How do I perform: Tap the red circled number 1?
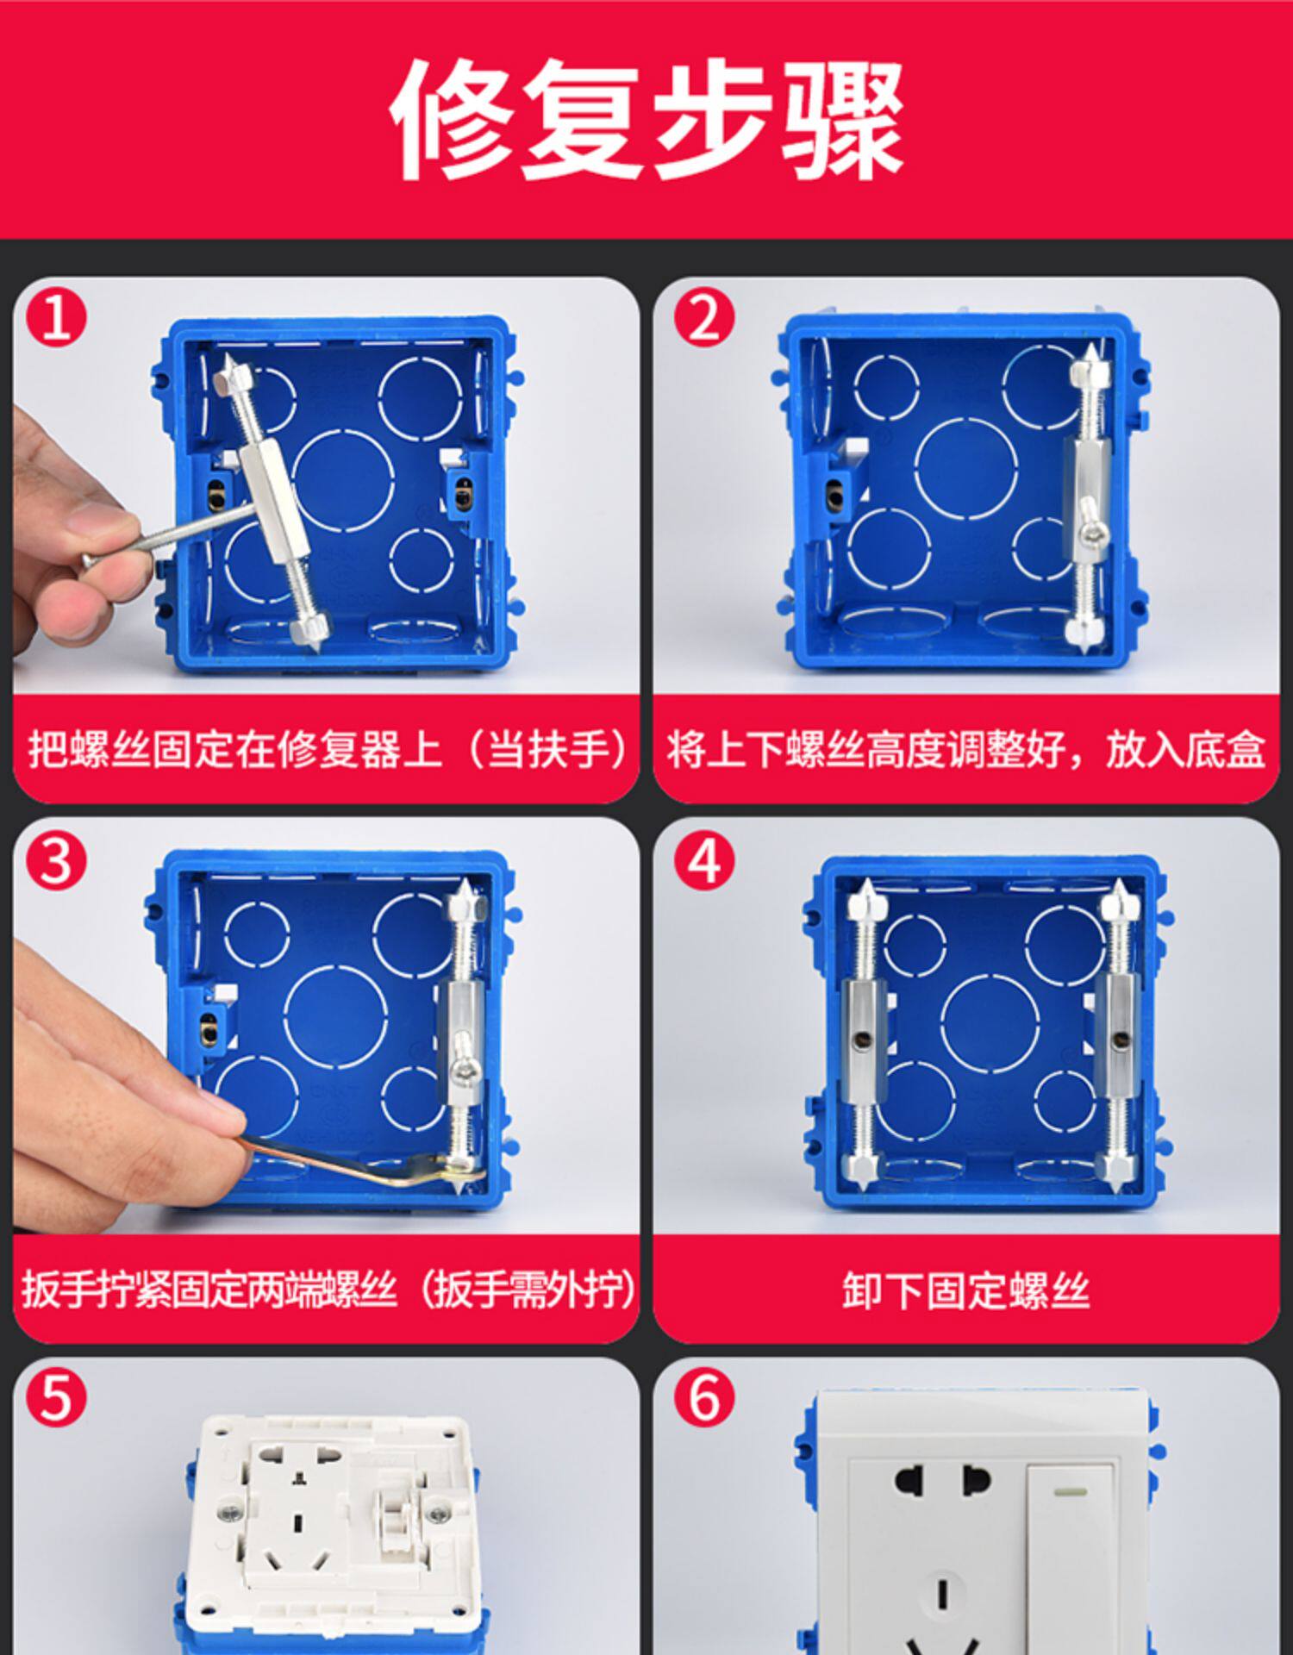click(x=57, y=318)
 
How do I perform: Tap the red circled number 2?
click(x=705, y=318)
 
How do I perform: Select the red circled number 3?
click(x=57, y=861)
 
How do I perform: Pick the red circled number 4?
click(x=705, y=861)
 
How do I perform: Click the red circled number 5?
click(x=57, y=1399)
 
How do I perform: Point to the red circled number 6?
click(x=705, y=1399)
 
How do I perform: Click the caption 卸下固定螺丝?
click(x=966, y=1291)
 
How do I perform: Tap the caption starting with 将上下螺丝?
click(x=966, y=749)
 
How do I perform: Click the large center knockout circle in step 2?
click(x=966, y=469)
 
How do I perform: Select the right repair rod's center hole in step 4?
click(x=1120, y=1040)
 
